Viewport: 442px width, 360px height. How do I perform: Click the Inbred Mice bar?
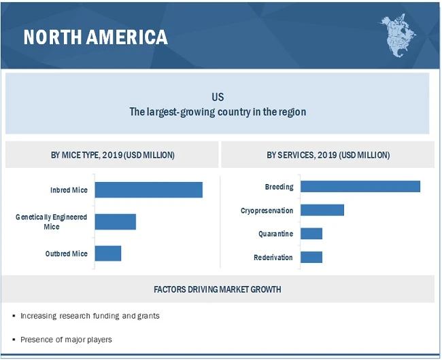pyautogui.click(x=148, y=190)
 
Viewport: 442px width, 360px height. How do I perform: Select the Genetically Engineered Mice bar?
pyautogui.click(x=115, y=221)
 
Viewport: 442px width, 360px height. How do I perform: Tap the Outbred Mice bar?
pyautogui.click(x=107, y=253)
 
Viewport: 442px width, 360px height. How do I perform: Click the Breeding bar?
pyautogui.click(x=360, y=187)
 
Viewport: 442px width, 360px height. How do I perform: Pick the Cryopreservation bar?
pyautogui.click(x=322, y=211)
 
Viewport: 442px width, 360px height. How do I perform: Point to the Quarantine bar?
pyautogui.click(x=311, y=234)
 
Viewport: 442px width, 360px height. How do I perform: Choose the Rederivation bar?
pyautogui.click(x=311, y=257)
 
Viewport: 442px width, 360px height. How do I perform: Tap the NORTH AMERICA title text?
pyautogui.click(x=95, y=37)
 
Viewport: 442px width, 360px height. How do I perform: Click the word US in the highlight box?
pyautogui.click(x=218, y=97)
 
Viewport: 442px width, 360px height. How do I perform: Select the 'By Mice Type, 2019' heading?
pyautogui.click(x=113, y=155)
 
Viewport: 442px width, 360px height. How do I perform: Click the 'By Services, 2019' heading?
pyautogui.click(x=328, y=155)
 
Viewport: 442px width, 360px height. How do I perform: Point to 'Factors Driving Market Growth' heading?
pyautogui.click(x=218, y=289)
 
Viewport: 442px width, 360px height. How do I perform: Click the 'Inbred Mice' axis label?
pyautogui.click(x=69, y=190)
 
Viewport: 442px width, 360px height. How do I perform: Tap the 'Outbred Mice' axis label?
pyautogui.click(x=67, y=253)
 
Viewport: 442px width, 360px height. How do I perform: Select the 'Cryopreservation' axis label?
pyautogui.click(x=267, y=211)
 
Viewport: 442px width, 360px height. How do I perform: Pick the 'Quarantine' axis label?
pyautogui.click(x=275, y=234)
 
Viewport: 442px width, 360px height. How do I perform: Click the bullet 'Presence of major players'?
pyautogui.click(x=66, y=339)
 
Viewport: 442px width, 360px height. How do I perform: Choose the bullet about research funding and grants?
pyautogui.click(x=90, y=316)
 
